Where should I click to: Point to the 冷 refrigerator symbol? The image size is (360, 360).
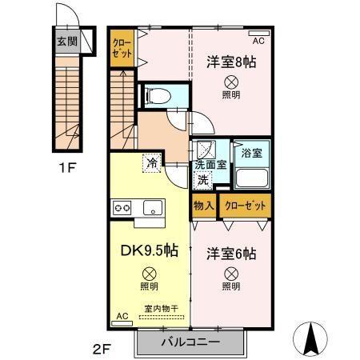coord(152,163)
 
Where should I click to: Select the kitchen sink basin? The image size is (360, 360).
coord(151,208)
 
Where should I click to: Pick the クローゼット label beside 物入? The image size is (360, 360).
coord(246,206)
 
